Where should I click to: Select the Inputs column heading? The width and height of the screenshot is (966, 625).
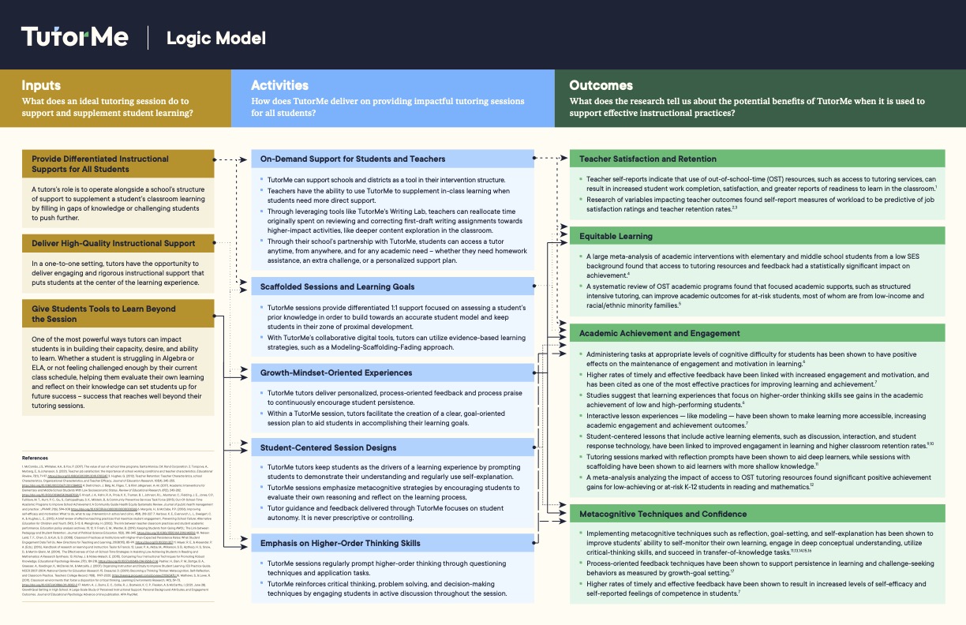[x=41, y=85]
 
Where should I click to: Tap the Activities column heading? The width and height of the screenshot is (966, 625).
[x=279, y=85]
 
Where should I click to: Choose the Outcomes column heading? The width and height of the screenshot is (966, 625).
[x=601, y=85]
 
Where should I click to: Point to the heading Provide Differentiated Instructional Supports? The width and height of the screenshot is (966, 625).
[x=100, y=163]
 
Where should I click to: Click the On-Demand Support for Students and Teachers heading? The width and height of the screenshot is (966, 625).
[x=353, y=159]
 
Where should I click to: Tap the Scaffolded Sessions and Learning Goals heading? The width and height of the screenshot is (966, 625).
[x=337, y=286]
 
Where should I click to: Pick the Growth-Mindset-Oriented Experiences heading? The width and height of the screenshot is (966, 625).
[x=336, y=372]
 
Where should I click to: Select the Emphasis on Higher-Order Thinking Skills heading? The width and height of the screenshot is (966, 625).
[x=340, y=543]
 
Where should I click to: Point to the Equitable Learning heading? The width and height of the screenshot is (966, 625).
[x=616, y=236]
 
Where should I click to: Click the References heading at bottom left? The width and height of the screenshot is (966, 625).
[x=35, y=458]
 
